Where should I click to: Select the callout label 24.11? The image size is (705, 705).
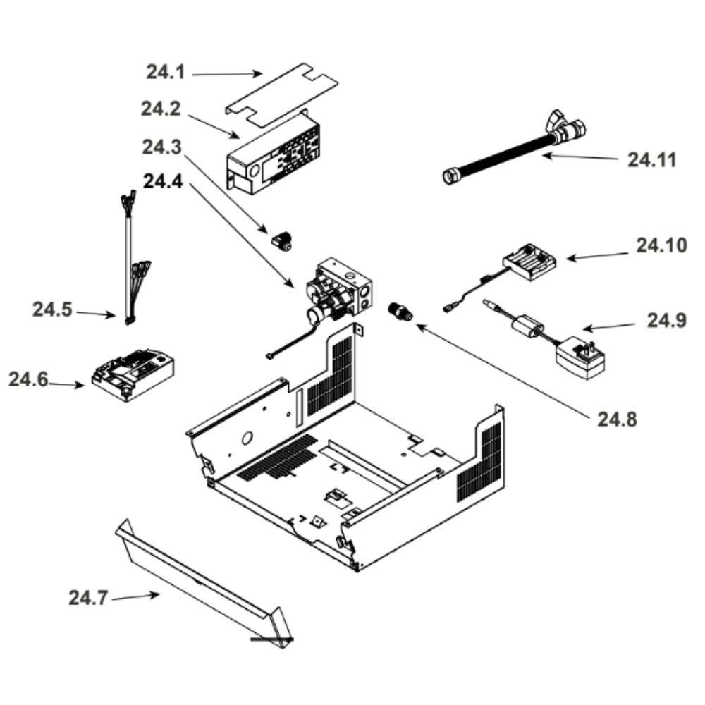click(651, 160)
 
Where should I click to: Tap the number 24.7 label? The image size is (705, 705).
click(88, 599)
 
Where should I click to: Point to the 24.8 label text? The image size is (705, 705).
click(617, 419)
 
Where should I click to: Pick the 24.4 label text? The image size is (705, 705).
click(163, 181)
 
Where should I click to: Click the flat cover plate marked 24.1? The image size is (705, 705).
click(282, 95)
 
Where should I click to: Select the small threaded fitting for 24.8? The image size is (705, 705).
click(400, 312)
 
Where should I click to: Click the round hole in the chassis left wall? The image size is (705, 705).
click(247, 438)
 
